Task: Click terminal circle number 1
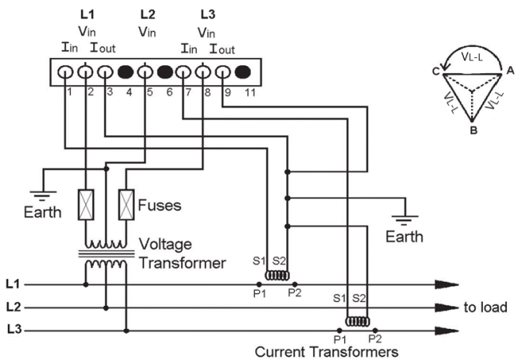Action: [x=65, y=72]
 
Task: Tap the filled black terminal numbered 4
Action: [x=126, y=72]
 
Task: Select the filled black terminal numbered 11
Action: [x=243, y=72]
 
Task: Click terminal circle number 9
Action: [x=223, y=72]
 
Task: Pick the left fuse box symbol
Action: [x=86, y=205]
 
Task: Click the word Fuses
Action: [x=159, y=205]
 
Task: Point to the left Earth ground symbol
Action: [x=43, y=196]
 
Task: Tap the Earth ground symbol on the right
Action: [x=405, y=221]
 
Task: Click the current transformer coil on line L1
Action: [x=277, y=276]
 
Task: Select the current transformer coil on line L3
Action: [x=358, y=321]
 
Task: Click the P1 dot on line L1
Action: [x=259, y=284]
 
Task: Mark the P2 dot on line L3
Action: [x=375, y=331]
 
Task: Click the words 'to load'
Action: [x=485, y=307]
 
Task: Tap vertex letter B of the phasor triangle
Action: [x=473, y=130]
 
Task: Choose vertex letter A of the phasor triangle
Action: [x=510, y=71]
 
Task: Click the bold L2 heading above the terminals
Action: [x=147, y=14]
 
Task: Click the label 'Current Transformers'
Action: [x=327, y=352]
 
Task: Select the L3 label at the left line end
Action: [x=14, y=330]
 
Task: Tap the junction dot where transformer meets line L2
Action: [x=106, y=307]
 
